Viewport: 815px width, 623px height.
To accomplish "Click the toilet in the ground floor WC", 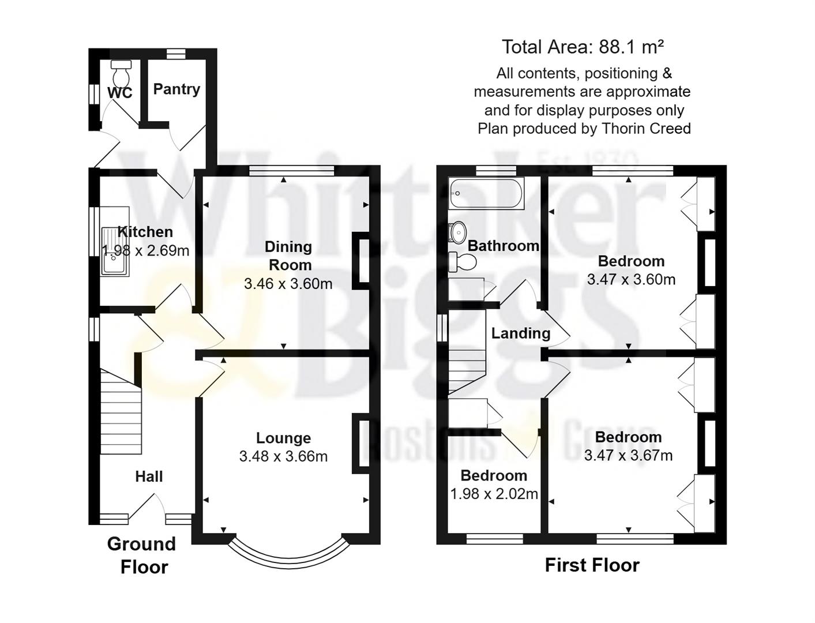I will pos(121,73).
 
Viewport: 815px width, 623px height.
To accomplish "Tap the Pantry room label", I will pos(176,89).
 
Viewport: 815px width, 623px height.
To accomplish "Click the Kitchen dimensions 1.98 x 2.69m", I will pos(145,250).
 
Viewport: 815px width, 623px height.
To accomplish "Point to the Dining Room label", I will pos(288,256).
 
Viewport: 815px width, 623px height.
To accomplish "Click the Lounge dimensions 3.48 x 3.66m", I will pos(283,456).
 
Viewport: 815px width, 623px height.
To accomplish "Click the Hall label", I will pos(149,476).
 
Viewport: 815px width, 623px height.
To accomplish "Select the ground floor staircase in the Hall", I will pos(121,411).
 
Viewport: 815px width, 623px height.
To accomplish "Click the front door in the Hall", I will pos(148,508).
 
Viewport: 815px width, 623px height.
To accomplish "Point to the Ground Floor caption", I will pos(142,555).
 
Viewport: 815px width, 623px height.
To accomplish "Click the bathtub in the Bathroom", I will pos(486,193).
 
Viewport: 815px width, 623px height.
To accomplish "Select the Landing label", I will pos(520,333).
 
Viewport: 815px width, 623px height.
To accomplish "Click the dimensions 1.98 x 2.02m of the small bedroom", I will pos(494,494).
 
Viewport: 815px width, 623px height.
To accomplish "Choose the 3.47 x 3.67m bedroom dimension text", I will pos(628,455).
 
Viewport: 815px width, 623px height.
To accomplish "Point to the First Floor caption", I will pos(592,565).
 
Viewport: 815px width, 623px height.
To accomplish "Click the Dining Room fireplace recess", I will pos(363,261).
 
